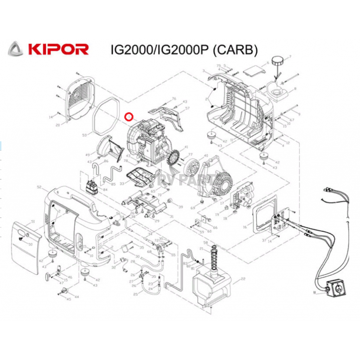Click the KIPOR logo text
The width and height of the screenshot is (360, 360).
(58, 49)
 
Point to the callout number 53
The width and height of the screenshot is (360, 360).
(84, 135)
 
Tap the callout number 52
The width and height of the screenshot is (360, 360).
(39, 187)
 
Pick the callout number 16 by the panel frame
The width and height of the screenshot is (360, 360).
(245, 227)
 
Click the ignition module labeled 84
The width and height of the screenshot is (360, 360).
(92, 187)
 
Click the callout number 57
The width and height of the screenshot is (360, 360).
(187, 108)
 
